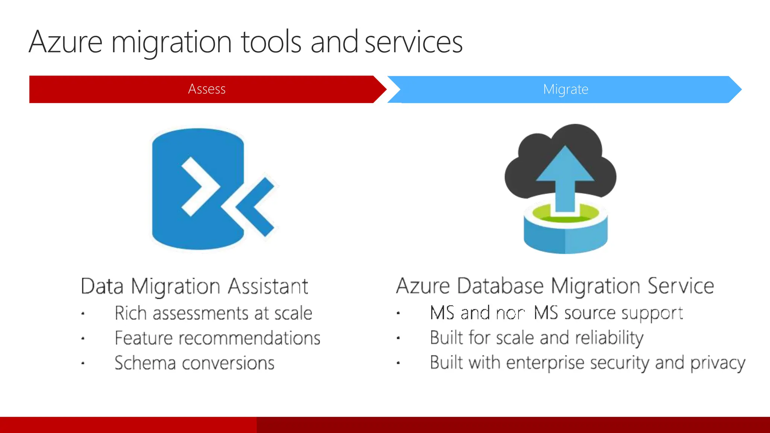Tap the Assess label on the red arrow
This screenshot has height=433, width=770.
tap(207, 89)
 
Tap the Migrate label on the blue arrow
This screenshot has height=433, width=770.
tap(565, 89)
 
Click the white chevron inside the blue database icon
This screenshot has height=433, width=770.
tap(199, 186)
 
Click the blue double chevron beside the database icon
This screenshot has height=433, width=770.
tap(256, 207)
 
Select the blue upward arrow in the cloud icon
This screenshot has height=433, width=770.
tap(565, 177)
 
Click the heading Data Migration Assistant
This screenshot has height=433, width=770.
tap(194, 286)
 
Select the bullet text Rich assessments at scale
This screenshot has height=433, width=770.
tap(213, 313)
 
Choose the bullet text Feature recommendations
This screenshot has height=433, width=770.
tap(217, 338)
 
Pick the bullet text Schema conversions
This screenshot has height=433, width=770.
tap(194, 363)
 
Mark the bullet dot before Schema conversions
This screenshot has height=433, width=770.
tap(83, 363)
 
